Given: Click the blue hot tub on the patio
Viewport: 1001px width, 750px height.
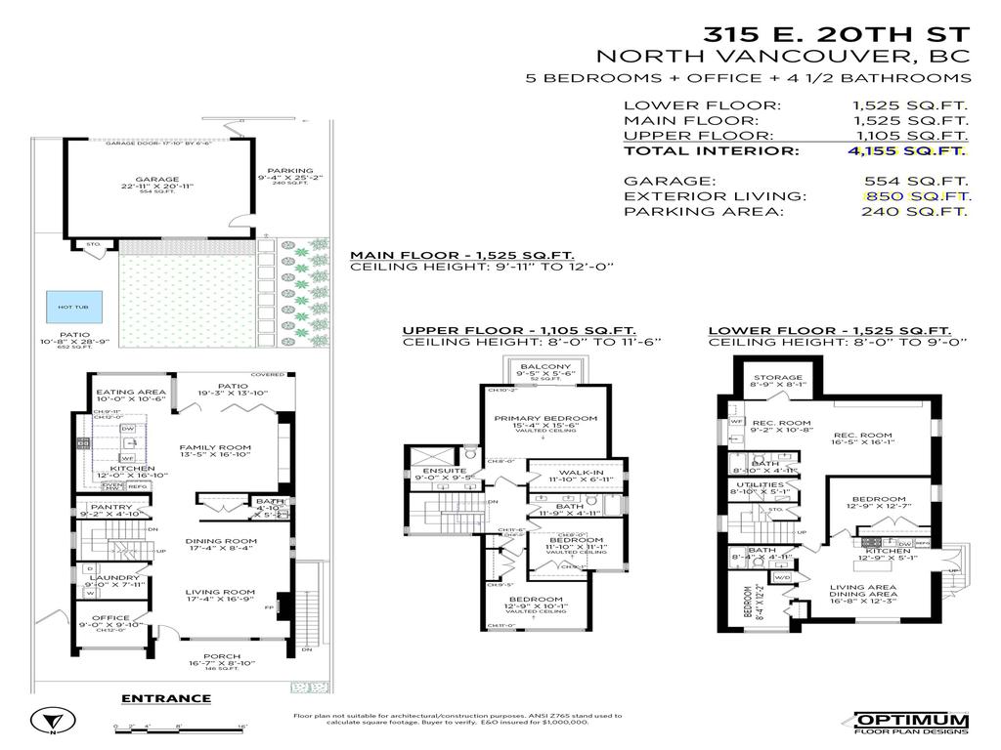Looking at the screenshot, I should point(73,306).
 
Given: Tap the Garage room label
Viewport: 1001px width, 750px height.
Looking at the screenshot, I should point(157,180).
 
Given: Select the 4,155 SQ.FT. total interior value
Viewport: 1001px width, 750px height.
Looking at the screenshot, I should point(908,150).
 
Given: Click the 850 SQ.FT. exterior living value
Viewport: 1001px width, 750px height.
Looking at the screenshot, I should point(916,195).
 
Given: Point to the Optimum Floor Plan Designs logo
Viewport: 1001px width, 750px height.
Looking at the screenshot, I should point(911,721).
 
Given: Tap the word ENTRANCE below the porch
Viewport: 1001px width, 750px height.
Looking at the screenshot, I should point(165,697).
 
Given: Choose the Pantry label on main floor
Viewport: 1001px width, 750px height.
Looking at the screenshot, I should point(110,507).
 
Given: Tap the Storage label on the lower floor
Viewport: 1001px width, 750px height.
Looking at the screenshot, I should point(778,377).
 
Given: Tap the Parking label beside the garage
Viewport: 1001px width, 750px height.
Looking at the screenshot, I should point(290,171).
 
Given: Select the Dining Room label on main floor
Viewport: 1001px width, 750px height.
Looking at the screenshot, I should point(221,541).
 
